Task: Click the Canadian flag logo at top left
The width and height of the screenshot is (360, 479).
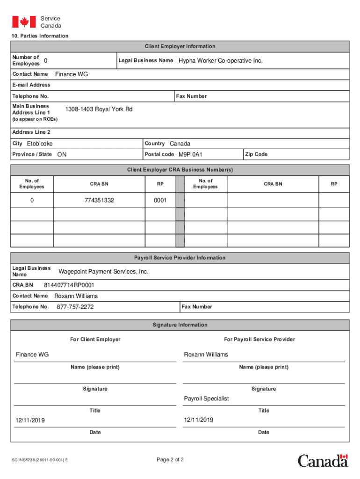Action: [x=24, y=22]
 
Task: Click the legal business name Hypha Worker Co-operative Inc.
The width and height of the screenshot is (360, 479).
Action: [x=221, y=61]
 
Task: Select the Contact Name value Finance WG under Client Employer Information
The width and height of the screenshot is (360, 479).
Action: [x=72, y=74]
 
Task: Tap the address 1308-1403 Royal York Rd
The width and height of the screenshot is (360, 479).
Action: [x=99, y=109]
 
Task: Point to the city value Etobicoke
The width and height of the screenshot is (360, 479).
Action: [x=40, y=144]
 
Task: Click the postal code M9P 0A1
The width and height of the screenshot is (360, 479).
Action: [x=190, y=154]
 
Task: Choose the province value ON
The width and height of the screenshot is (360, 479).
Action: [x=62, y=154]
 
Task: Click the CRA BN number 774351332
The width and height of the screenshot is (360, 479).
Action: [x=99, y=200]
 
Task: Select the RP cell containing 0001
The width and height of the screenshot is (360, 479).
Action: [x=160, y=200]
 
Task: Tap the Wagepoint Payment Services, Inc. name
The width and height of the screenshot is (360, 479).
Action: [x=103, y=272]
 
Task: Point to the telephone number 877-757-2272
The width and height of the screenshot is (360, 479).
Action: [x=75, y=307]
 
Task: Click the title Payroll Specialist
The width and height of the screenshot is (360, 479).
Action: [x=206, y=399]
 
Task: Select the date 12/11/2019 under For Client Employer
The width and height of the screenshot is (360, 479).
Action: [x=30, y=421]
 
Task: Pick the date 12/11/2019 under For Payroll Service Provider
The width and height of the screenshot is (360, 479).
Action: [x=199, y=420]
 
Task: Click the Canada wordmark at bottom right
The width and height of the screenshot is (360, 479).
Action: [x=323, y=460]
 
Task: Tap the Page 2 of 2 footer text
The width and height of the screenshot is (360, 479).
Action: [x=170, y=459]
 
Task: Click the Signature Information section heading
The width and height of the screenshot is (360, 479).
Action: [x=180, y=325]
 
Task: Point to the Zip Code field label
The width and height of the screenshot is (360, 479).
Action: [x=256, y=154]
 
